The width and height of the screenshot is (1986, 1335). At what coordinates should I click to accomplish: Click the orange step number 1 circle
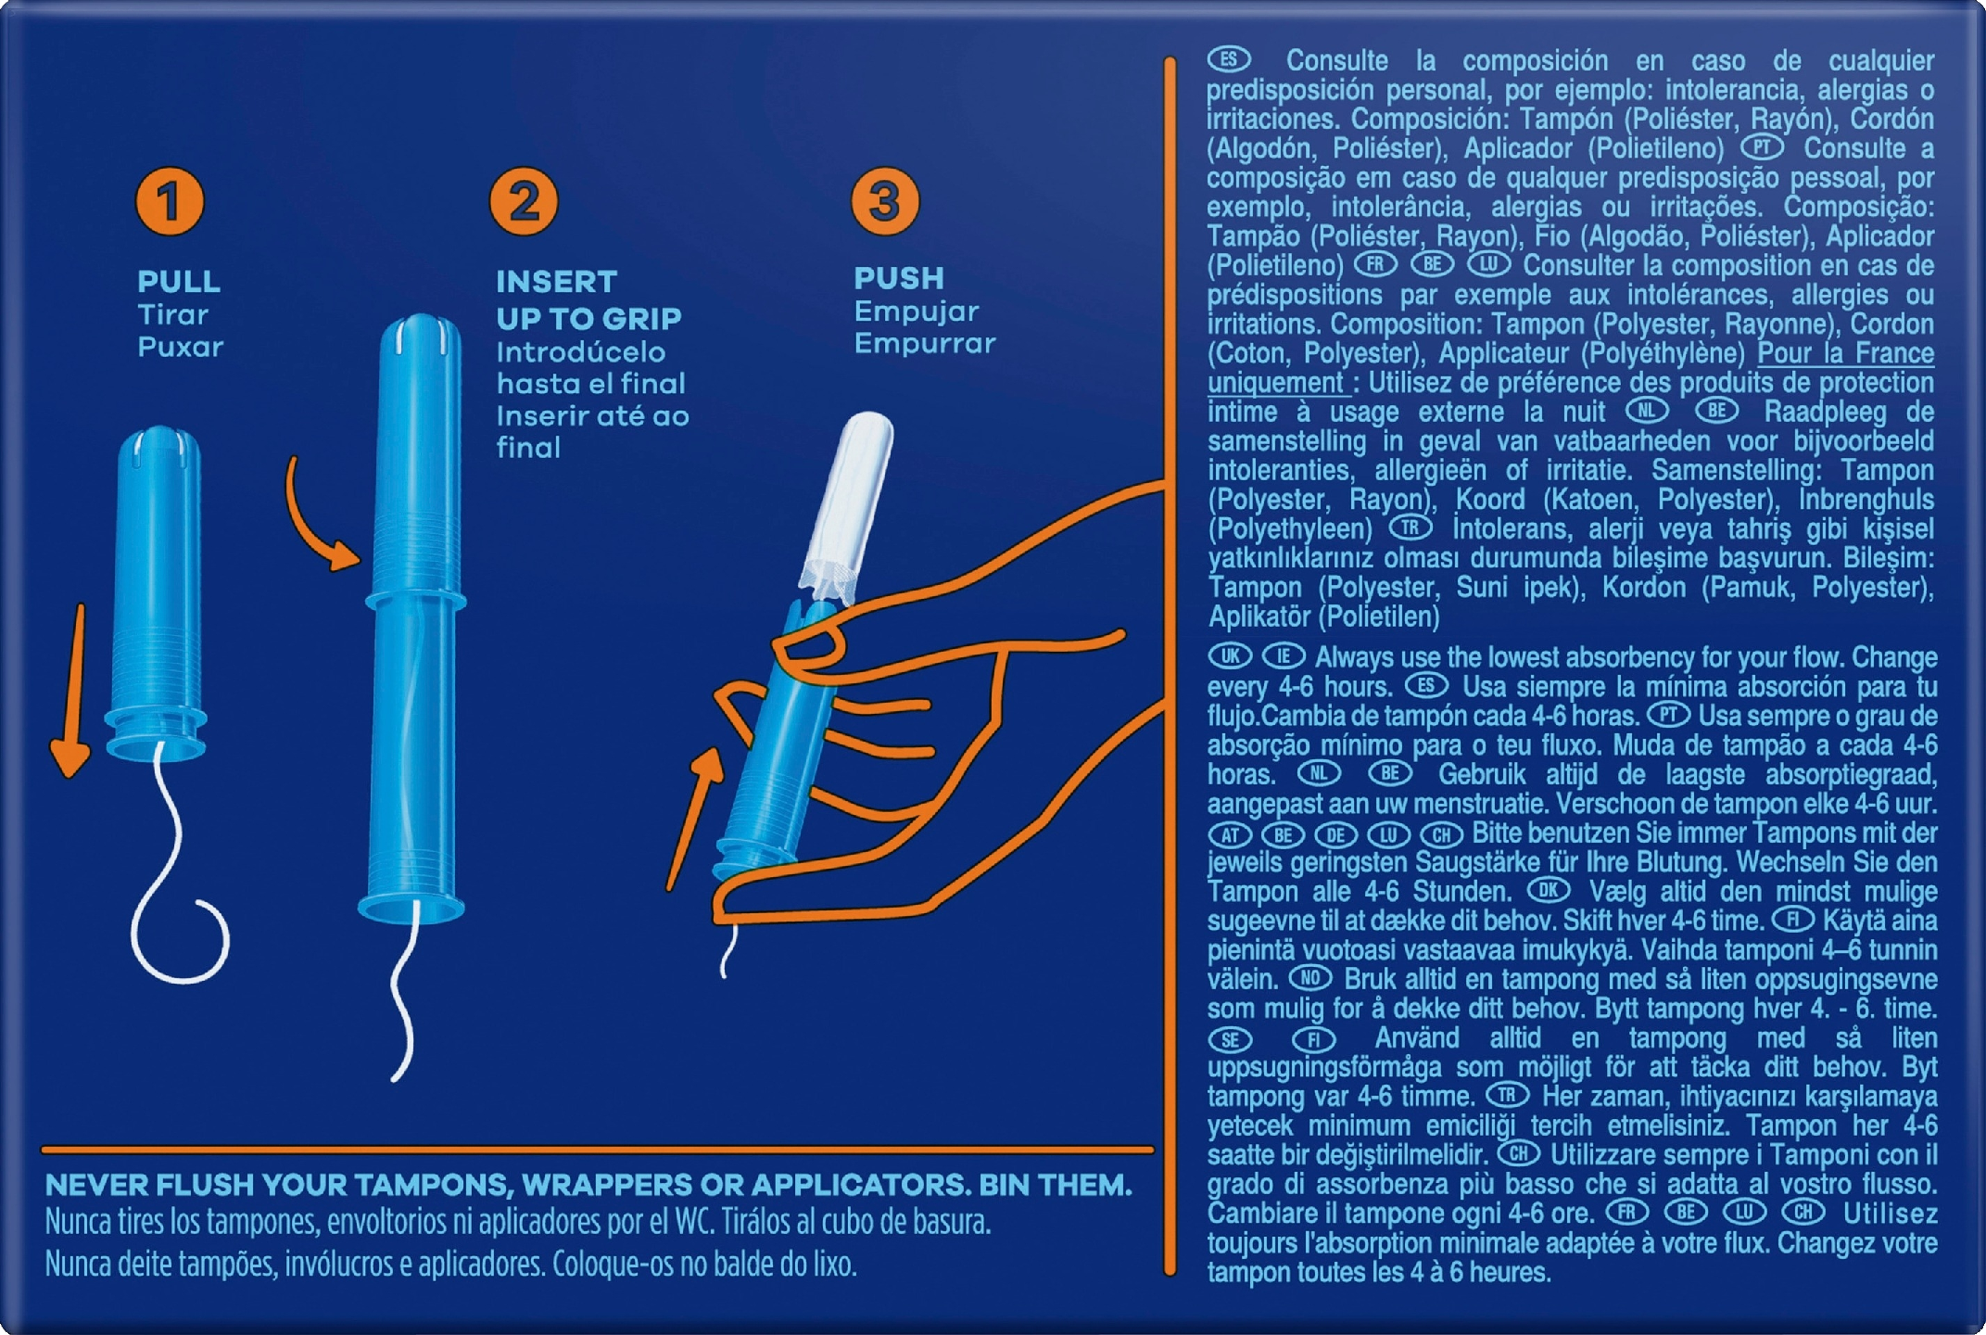tap(170, 201)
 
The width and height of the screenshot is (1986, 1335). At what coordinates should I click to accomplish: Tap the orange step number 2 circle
tap(525, 201)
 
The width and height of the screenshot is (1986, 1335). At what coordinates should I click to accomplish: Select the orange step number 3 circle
tap(885, 200)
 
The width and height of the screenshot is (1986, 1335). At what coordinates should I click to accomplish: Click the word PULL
tap(179, 281)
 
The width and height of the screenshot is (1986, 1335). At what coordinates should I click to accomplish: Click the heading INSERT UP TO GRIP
tap(588, 299)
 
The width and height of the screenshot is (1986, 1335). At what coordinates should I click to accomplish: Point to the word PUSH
tap(899, 277)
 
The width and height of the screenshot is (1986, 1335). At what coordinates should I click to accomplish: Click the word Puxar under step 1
tap(181, 347)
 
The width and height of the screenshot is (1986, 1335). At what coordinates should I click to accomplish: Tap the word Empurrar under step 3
tap(924, 343)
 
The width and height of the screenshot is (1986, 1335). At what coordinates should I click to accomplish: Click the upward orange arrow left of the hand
tap(696, 816)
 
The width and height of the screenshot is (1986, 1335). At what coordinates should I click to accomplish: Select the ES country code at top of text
tap(1229, 59)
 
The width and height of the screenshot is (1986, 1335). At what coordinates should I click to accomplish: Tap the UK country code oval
tap(1229, 656)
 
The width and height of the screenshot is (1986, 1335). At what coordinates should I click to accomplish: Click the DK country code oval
tap(1549, 891)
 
